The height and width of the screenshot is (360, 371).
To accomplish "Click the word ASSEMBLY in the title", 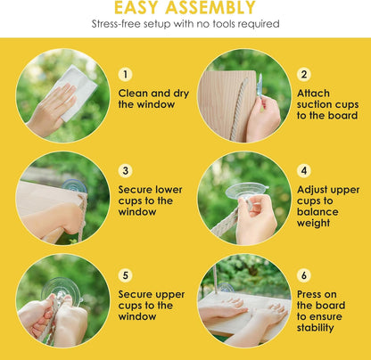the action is click(210, 7).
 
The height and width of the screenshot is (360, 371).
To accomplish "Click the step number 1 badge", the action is click(125, 74).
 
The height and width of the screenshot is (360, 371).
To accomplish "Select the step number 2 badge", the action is click(304, 74).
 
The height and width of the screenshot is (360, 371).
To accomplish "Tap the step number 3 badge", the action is click(125, 170).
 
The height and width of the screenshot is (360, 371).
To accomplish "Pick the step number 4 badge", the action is click(304, 170).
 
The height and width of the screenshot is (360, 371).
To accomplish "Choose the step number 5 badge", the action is click(125, 275).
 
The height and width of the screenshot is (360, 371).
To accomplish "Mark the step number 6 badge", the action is click(304, 275).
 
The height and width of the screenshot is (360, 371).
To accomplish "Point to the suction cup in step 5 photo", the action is click(61, 290).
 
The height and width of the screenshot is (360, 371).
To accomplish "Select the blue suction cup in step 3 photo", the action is click(74, 186).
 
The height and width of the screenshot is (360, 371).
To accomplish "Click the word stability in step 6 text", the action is click(315, 328).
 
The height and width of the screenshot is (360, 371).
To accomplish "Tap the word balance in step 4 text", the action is click(317, 211).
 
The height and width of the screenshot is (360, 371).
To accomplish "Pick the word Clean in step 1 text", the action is click(133, 94).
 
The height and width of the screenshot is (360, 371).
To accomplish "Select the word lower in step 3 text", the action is click(169, 190).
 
